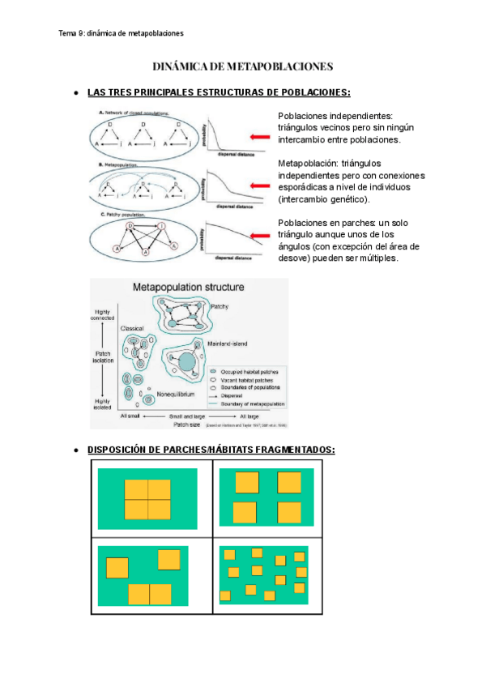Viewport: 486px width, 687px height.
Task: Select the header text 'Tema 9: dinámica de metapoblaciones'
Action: (122, 33)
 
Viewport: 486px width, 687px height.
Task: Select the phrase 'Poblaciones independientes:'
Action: (335, 116)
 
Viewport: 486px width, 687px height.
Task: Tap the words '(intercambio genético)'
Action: (322, 198)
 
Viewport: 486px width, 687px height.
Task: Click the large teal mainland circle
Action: (187, 363)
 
